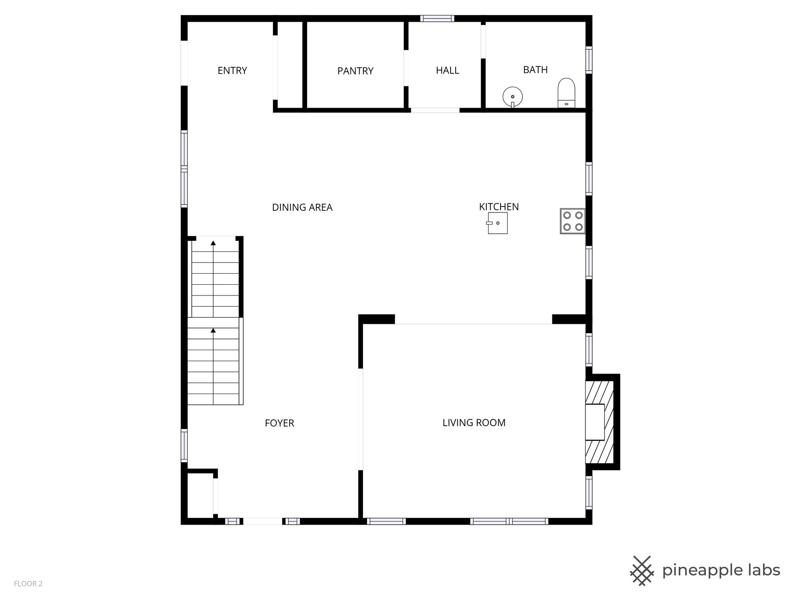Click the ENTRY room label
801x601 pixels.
click(x=232, y=71)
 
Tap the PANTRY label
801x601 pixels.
click(x=355, y=71)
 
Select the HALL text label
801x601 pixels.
click(x=448, y=71)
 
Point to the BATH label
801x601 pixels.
click(x=535, y=70)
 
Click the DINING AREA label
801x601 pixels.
click(x=302, y=207)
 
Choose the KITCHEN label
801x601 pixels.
click(x=499, y=207)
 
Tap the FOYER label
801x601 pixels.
click(x=280, y=423)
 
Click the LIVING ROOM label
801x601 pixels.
click(x=474, y=423)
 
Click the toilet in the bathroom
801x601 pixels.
click(x=567, y=93)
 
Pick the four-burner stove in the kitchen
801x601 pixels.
click(x=572, y=221)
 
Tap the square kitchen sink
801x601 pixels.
click(x=497, y=223)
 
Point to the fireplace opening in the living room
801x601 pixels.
click(x=595, y=422)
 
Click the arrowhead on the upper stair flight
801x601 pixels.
click(x=213, y=242)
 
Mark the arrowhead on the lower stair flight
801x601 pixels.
click(x=213, y=331)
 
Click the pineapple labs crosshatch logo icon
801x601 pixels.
click(x=642, y=571)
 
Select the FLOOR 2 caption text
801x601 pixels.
click(x=28, y=584)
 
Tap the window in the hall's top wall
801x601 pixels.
click(x=437, y=18)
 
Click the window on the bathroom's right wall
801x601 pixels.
click(x=589, y=60)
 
